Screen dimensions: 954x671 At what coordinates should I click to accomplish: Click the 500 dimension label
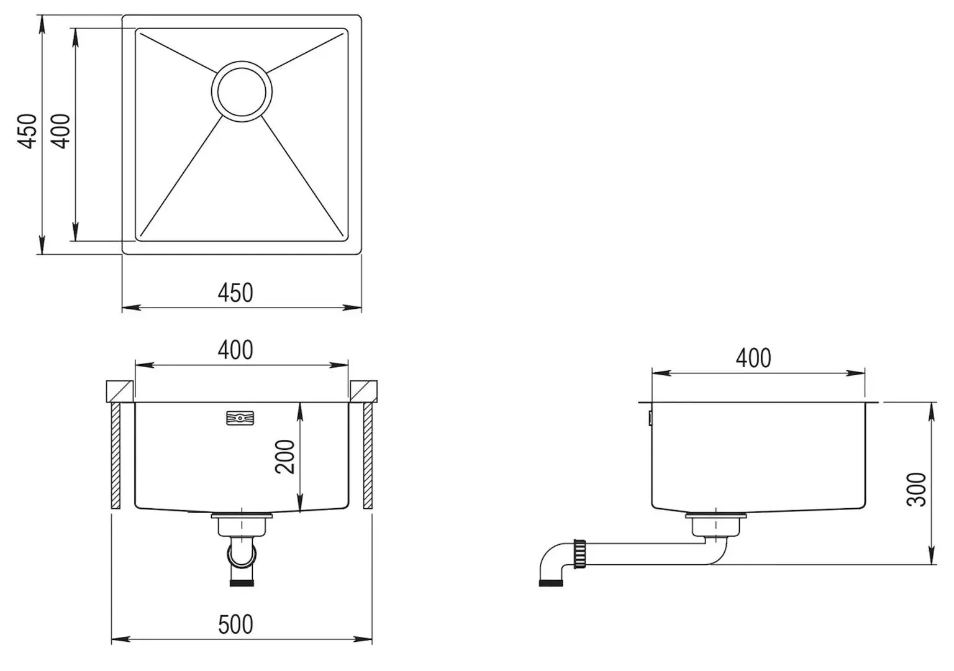(235, 624)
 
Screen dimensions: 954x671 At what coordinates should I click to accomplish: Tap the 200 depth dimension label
(285, 457)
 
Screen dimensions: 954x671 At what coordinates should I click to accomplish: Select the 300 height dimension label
(917, 490)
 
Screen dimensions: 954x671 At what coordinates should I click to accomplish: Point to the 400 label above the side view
(753, 358)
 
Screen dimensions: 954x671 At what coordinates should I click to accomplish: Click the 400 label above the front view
(235, 350)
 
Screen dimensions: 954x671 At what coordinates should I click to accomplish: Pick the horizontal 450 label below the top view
(235, 293)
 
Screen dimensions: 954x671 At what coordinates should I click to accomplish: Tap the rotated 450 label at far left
(27, 131)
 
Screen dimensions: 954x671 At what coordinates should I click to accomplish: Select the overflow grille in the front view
(240, 418)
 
